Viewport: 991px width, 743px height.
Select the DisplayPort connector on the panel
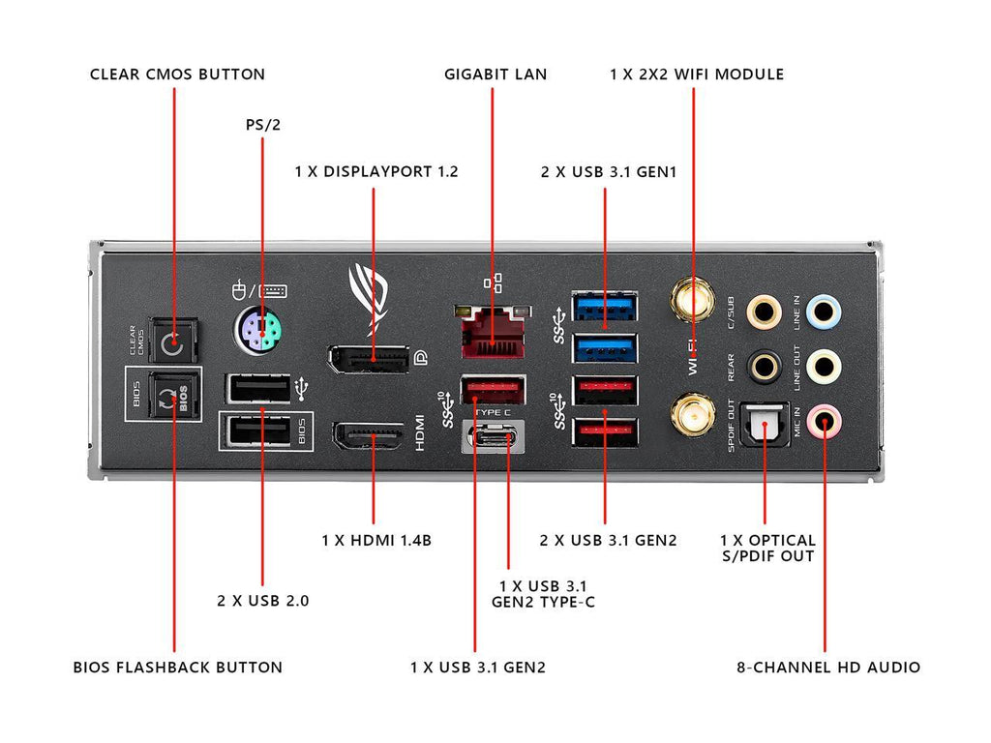(x=367, y=360)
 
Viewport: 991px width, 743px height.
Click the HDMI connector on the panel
(x=369, y=437)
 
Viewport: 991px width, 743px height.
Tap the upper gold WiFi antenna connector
(x=693, y=300)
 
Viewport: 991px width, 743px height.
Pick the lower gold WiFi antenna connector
(x=693, y=414)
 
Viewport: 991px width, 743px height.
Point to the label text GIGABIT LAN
(x=495, y=74)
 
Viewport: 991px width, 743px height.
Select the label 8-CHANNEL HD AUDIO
(x=827, y=667)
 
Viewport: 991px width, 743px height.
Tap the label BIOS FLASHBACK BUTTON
(x=178, y=667)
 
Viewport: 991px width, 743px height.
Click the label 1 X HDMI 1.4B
(x=376, y=540)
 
